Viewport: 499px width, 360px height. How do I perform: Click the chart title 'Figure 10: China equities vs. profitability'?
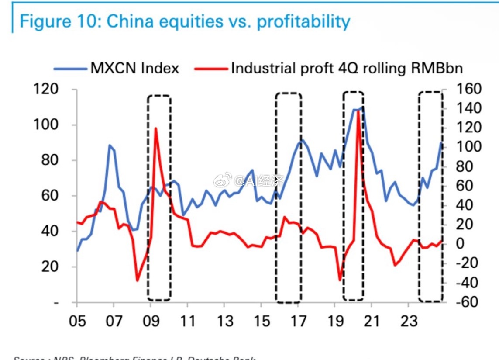pos(185,21)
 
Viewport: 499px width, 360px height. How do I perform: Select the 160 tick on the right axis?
pos(469,89)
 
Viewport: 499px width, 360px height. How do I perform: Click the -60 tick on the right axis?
pos(467,302)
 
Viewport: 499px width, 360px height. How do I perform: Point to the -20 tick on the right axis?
pos(467,263)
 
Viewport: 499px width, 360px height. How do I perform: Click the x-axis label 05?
pos(77,322)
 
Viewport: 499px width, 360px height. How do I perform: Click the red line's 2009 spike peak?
pos(155,128)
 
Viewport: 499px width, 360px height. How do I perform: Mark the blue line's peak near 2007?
pos(110,145)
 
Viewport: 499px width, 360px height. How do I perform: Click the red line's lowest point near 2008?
pos(138,280)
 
